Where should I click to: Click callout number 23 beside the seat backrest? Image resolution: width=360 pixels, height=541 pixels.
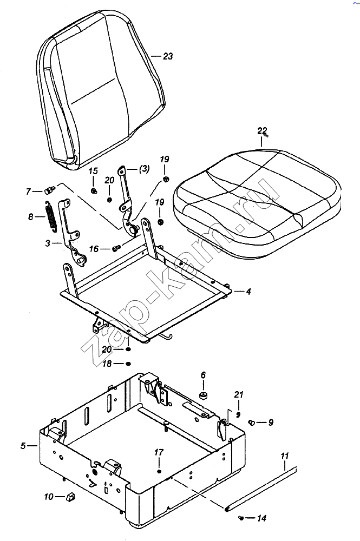168,56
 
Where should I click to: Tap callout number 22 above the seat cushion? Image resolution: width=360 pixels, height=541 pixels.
262,131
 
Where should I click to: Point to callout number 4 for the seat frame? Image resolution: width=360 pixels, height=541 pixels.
248,292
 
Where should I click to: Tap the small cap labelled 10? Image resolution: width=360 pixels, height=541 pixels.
70,496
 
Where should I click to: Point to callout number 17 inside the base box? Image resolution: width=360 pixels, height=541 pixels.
159,452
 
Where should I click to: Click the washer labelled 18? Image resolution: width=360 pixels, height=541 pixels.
128,364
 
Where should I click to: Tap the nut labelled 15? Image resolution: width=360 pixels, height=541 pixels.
94,190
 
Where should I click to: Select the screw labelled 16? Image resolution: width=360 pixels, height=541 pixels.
116,248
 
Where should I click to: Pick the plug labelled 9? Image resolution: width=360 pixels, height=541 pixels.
252,422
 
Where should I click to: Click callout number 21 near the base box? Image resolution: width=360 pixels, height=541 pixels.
239,394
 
